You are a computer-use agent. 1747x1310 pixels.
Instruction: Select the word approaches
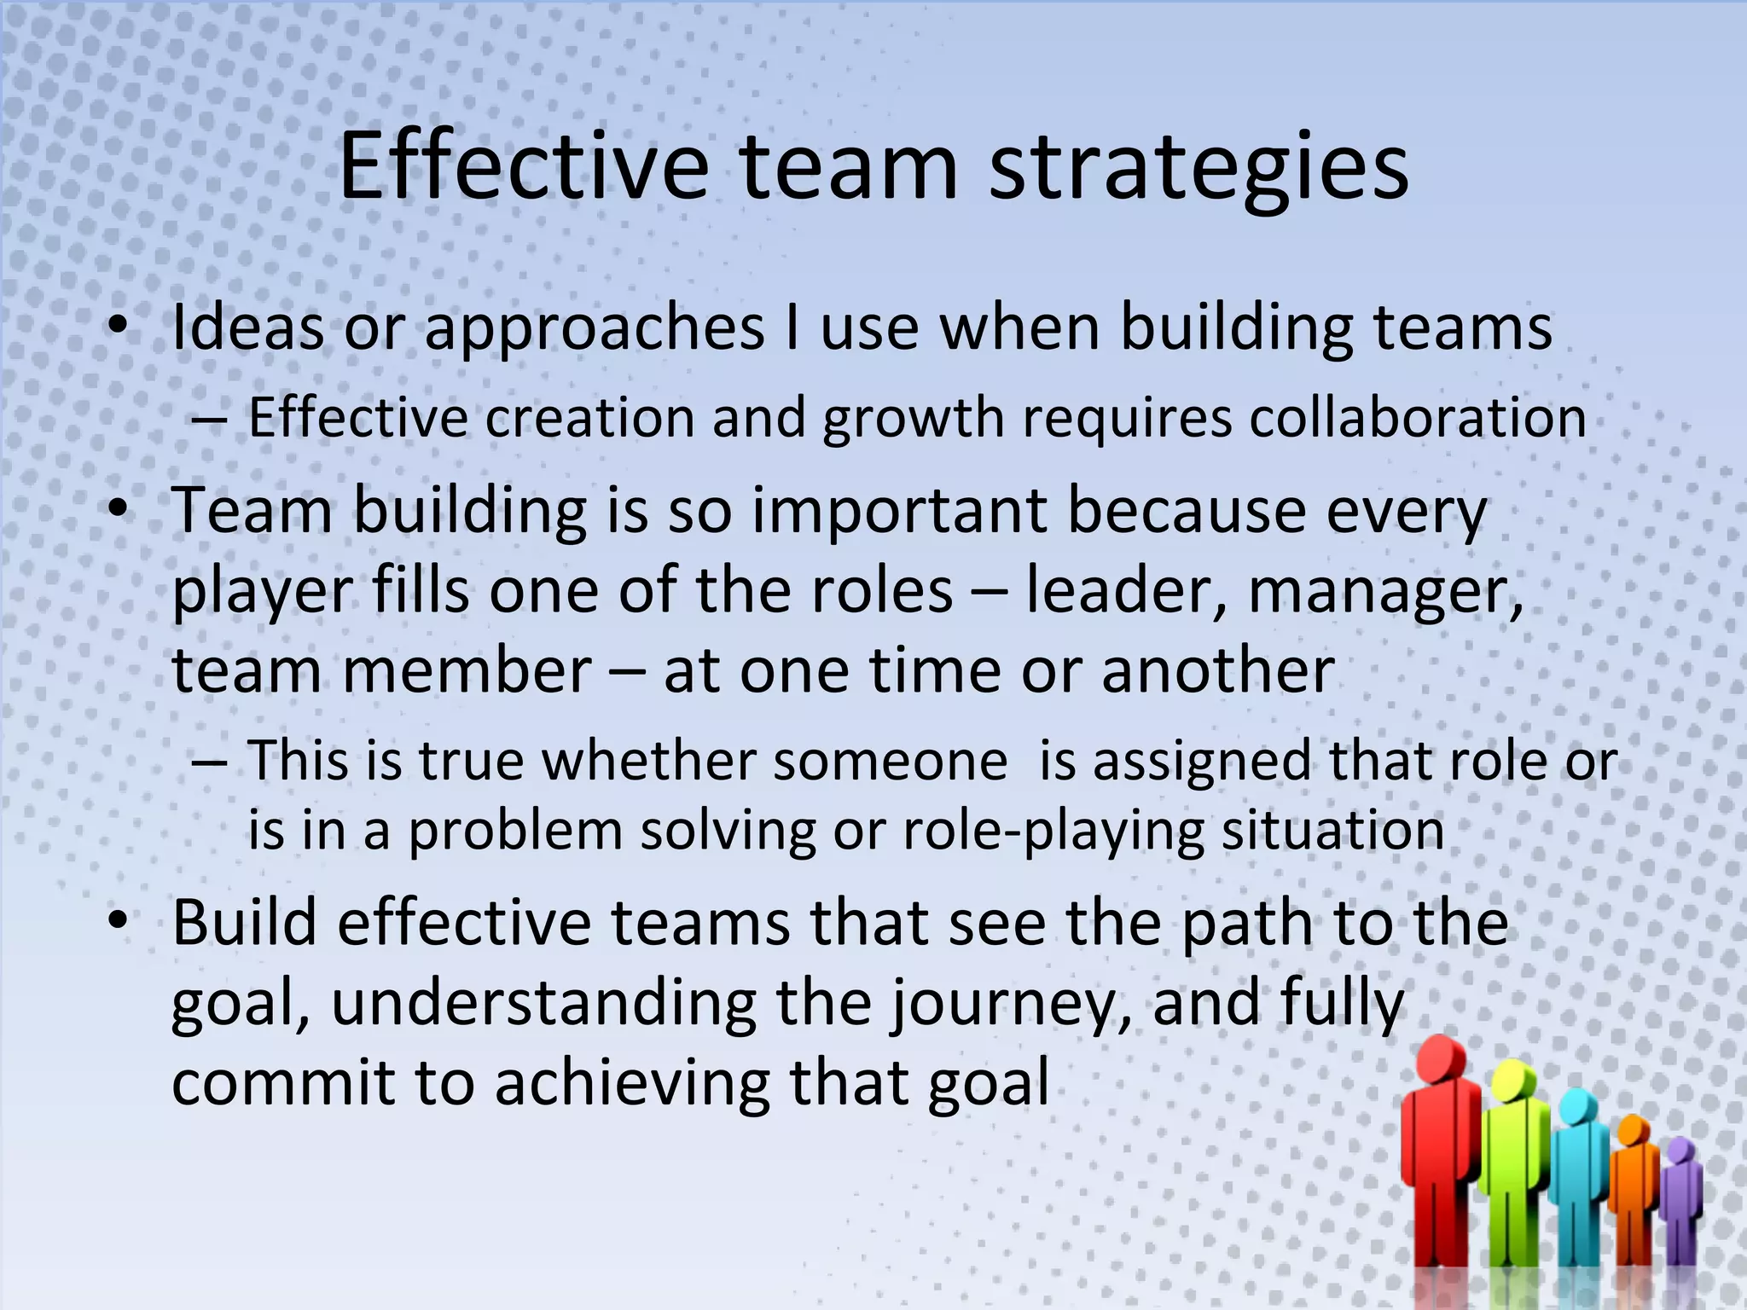click(595, 328)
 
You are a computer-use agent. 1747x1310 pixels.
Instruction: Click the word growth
click(914, 420)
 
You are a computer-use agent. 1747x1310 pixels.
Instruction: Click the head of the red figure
click(1441, 1060)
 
